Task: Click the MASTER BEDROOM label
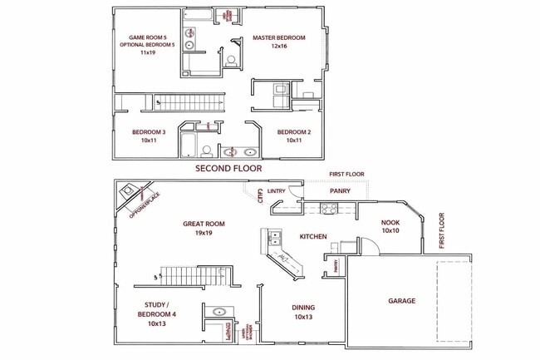[x=279, y=38]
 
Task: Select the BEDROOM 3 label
[x=149, y=132]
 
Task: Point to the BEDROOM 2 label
[x=294, y=132]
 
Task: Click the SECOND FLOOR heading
[x=228, y=168]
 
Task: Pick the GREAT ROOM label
[x=204, y=224]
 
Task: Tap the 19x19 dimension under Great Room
[x=204, y=233]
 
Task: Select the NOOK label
[x=390, y=222]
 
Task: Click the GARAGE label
[x=401, y=301]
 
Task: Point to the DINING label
[x=302, y=307]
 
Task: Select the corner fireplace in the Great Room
[x=130, y=196]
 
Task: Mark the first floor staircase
[x=195, y=275]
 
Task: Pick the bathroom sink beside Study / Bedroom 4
[x=220, y=313]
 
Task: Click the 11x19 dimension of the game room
[x=149, y=52]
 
